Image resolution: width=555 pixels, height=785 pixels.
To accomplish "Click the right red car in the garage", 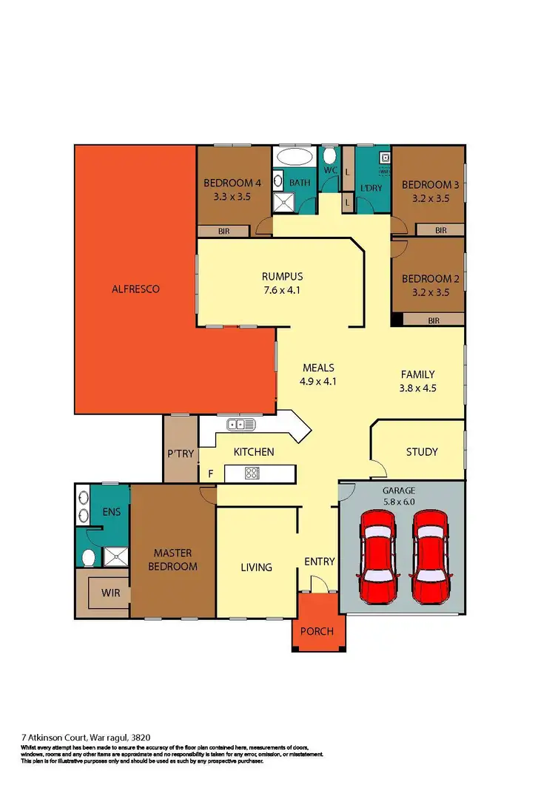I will point(430,556).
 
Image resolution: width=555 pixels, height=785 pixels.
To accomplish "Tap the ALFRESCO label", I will point(136,289).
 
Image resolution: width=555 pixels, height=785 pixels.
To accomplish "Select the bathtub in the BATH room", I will point(294,158).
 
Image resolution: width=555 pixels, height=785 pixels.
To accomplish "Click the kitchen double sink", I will point(241,425).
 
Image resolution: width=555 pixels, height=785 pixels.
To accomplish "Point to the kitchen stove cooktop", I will point(251,473).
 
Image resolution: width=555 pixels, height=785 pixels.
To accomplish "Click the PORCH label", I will point(317,631).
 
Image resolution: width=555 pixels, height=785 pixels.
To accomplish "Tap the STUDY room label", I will point(422,451).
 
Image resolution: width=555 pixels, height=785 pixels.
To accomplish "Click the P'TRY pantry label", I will point(180,454).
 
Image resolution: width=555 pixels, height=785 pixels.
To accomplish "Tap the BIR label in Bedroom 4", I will point(223,232).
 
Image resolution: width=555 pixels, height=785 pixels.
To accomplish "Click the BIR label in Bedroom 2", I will point(435,320).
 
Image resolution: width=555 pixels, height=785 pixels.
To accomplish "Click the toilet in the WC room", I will point(329,157).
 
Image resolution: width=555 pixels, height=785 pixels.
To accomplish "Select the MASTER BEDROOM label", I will point(175,560).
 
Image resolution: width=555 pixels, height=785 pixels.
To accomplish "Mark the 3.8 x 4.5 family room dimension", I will point(417,387).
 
